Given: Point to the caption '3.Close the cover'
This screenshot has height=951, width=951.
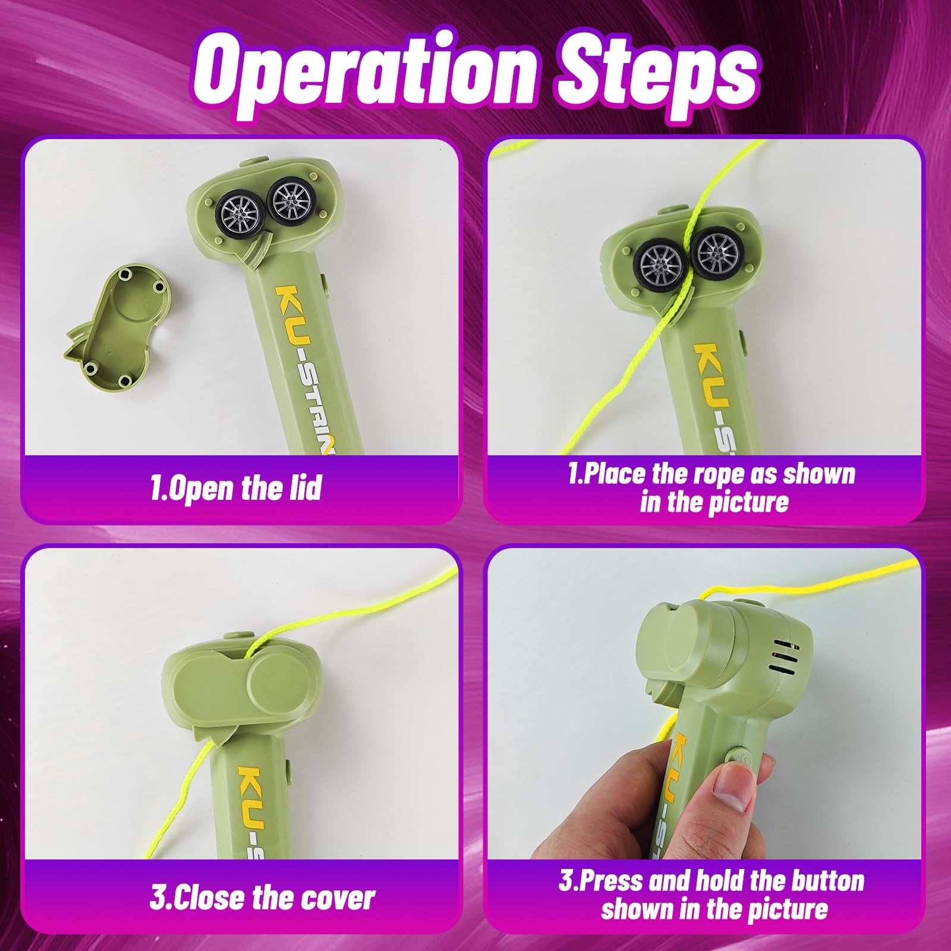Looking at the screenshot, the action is (x=262, y=898).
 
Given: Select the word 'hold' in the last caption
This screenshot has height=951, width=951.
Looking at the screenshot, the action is (x=720, y=881).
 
